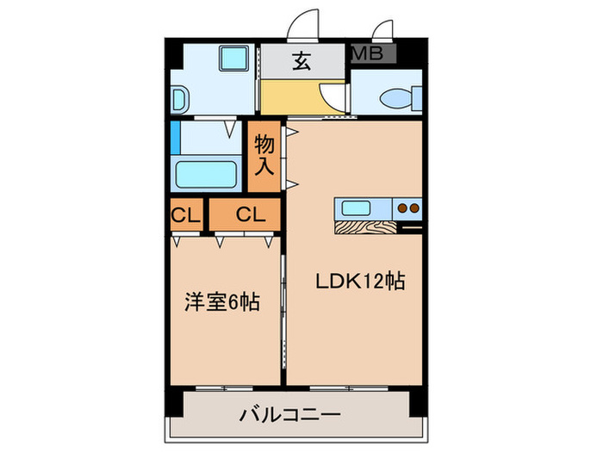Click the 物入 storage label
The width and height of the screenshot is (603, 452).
click(264, 155)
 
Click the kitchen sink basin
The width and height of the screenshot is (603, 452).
click(357, 207)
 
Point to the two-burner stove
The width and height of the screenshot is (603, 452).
click(407, 208)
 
